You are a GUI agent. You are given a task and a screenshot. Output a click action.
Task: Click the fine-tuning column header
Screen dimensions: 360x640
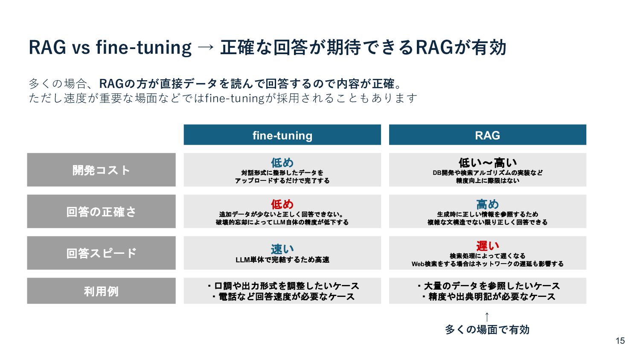282,135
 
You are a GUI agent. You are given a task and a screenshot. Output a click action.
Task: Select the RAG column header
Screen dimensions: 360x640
487,135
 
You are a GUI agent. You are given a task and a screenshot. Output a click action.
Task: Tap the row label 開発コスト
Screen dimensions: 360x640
101,170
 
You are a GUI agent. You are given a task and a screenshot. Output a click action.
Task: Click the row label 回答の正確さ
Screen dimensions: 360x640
101,212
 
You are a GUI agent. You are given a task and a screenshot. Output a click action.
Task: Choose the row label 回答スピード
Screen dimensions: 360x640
101,253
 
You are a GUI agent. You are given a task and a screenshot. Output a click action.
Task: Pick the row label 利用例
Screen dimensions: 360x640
101,291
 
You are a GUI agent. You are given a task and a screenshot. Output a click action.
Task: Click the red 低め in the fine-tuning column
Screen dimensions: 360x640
282,204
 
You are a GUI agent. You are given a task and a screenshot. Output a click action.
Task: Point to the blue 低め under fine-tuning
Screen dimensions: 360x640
282,163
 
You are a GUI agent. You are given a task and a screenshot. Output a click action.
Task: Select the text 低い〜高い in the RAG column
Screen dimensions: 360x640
487,163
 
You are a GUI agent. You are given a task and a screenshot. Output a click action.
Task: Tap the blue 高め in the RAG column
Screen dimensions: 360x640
487,204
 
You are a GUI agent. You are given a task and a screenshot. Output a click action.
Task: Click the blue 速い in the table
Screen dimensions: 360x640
282,249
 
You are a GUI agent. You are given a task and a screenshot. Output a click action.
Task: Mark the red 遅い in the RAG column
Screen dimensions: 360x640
487,246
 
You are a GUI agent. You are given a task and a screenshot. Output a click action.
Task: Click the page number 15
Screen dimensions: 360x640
620,340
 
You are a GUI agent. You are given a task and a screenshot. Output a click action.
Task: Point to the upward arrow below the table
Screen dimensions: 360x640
487,317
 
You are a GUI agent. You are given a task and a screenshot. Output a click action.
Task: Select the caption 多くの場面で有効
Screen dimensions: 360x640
487,329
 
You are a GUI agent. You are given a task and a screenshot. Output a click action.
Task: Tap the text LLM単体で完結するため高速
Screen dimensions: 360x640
282,260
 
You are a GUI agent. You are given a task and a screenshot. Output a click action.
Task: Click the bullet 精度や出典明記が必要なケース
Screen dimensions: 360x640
489,297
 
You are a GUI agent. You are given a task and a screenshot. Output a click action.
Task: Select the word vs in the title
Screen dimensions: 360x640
81,47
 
